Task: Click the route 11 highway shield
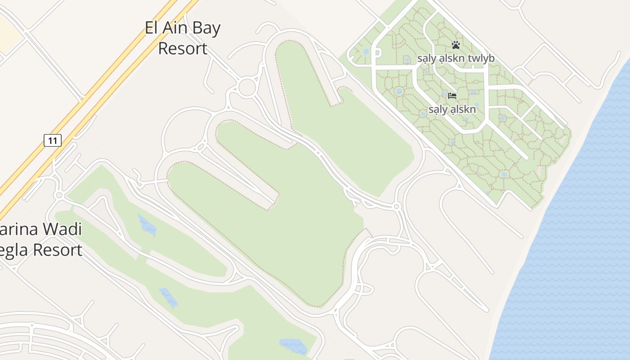point(53,140)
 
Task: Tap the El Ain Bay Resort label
point(183,38)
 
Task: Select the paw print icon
point(456,45)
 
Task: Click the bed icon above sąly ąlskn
point(452,95)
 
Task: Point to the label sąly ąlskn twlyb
point(456,58)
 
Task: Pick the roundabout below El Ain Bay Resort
point(247,87)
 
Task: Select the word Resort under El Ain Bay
point(183,48)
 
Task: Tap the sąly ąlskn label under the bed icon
point(452,110)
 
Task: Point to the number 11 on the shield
point(53,140)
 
